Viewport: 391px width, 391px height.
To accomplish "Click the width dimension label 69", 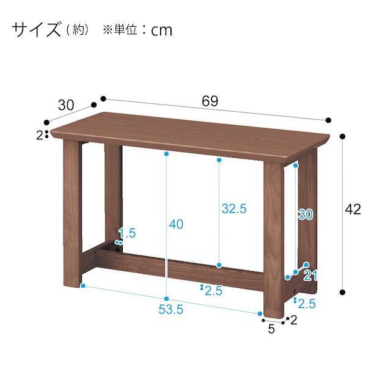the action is pos(210,101).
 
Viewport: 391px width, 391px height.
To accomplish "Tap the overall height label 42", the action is pos(353,209).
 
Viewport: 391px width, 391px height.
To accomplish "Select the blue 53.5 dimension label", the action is pos(171,310).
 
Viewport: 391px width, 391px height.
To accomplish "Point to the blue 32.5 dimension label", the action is pos(234,208).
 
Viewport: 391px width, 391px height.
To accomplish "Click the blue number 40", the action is pos(176,224).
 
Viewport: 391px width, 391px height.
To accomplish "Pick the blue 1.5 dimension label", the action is pos(127,233).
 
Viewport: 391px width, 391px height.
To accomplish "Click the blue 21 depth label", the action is pos(310,276).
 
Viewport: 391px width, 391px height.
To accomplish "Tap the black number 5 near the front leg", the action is pos(271,329).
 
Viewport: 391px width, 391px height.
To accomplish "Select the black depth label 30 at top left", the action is pos(66,105).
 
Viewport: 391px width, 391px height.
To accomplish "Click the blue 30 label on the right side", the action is pos(305,214).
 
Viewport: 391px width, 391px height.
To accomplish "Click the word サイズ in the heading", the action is pos(37,29).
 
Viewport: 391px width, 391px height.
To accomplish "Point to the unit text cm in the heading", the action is pos(161,31).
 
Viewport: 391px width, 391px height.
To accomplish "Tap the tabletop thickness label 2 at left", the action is pos(40,136).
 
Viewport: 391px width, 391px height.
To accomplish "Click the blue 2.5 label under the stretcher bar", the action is pos(213,291).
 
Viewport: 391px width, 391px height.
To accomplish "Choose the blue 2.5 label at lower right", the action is pos(307,304).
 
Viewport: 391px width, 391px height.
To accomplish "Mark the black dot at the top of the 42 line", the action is pos(343,136).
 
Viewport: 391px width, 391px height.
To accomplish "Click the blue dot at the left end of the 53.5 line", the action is pos(83,285).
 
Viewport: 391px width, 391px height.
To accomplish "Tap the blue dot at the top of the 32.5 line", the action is pos(219,160).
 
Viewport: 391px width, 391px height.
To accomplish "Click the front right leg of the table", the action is pos(274,239).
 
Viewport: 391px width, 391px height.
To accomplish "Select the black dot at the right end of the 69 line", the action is pos(329,120).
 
